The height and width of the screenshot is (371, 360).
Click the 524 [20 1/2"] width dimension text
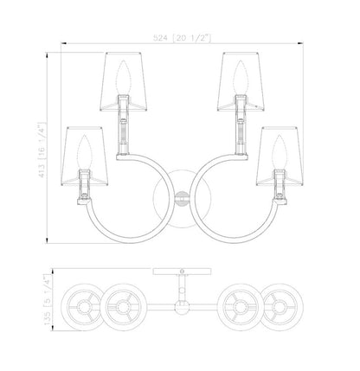coord(182,38)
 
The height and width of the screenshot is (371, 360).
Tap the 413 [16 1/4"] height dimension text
coord(42,150)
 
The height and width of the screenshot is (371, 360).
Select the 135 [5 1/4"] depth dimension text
coord(47,300)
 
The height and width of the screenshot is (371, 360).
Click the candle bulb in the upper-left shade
coord(124,77)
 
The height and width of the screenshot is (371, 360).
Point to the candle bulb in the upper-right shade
coord(241,77)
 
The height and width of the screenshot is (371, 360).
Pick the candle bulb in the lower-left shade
coord(84,151)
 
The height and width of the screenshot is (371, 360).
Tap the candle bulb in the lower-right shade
coord(280,151)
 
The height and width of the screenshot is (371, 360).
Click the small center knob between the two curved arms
coord(182,198)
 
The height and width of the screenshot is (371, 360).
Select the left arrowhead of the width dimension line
coord(64,43)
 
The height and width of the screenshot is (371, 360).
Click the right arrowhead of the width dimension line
coord(300,43)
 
